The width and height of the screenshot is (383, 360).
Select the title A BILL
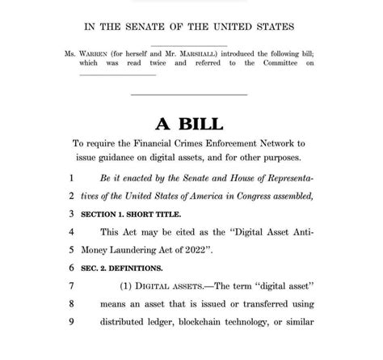click(x=191, y=123)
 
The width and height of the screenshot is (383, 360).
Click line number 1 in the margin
click(x=71, y=177)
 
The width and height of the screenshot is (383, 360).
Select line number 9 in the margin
click(x=71, y=321)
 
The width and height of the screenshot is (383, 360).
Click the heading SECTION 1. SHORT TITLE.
click(x=133, y=214)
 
